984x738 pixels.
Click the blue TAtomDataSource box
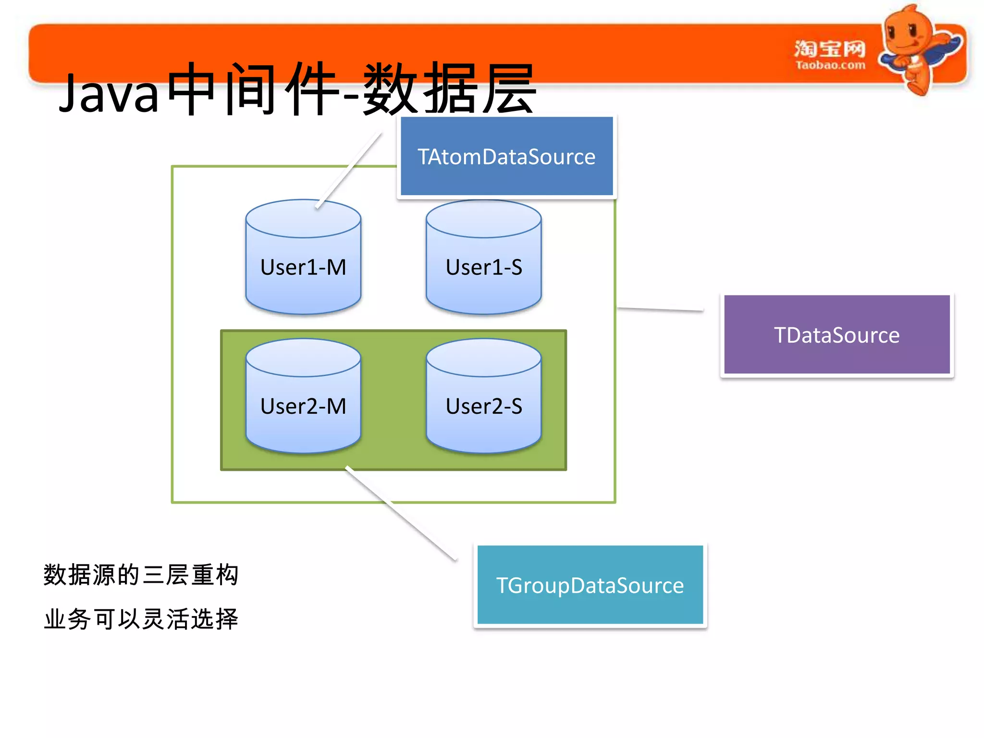(x=506, y=157)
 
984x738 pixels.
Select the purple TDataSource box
(x=836, y=335)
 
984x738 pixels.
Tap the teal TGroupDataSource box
(x=590, y=585)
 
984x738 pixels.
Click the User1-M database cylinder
(x=303, y=267)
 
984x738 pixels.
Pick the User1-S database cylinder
(x=483, y=267)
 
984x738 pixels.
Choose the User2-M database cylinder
(x=303, y=406)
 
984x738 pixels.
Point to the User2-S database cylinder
(x=483, y=406)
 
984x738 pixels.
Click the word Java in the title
(x=109, y=94)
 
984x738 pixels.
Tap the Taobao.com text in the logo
(x=830, y=65)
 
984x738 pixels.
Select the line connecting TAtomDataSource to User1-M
(x=349, y=171)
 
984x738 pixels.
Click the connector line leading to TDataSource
(x=660, y=309)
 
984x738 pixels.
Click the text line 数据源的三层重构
(x=141, y=575)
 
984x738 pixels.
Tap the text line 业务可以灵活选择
(x=141, y=619)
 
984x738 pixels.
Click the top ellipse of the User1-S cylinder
(x=483, y=219)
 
